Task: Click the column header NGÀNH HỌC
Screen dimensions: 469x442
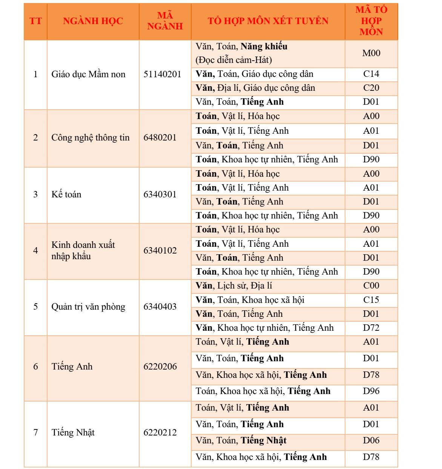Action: tap(93, 21)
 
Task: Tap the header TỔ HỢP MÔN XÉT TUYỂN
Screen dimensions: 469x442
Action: tap(268, 21)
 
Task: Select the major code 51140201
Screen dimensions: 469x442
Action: tap(162, 74)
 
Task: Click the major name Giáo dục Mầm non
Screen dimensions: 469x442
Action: tap(88, 74)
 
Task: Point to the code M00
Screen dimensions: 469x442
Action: tap(371, 53)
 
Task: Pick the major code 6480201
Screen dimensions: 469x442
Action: tap(160, 137)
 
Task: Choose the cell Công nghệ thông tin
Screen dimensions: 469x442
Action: tap(90, 137)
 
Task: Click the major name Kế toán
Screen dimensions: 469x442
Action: tap(66, 194)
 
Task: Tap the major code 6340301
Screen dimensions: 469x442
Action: tap(160, 194)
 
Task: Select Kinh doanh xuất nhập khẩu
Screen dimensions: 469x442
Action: tap(83, 251)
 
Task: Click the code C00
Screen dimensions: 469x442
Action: tap(371, 286)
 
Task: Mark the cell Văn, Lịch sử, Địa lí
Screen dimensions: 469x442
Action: tap(234, 286)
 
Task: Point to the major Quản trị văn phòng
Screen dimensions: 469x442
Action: tap(88, 307)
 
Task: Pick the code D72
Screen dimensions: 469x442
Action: tap(371, 328)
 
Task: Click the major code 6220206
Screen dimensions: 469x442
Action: tap(160, 367)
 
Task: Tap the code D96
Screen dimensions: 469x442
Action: tap(371, 391)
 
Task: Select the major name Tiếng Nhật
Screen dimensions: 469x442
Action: tap(73, 432)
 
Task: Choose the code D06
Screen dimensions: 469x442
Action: tap(371, 440)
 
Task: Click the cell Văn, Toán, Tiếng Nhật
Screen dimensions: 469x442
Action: tap(241, 440)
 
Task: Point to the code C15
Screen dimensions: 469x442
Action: tap(371, 300)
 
